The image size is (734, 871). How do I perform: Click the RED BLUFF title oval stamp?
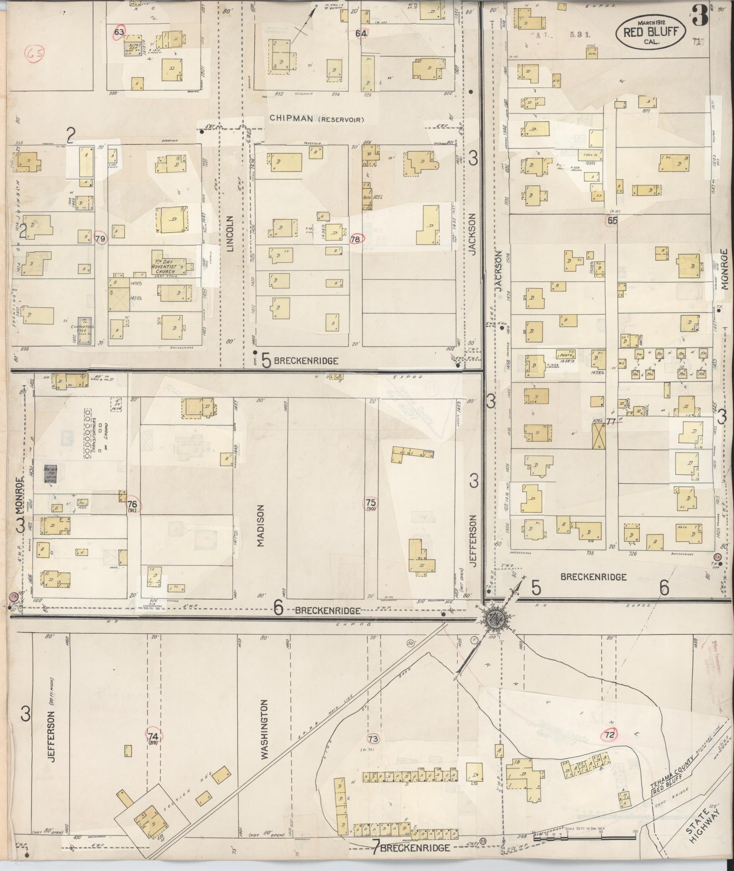pyautogui.click(x=650, y=32)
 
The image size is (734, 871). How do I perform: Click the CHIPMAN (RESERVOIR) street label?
pyautogui.click(x=317, y=119)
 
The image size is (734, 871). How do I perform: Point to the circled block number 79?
pyautogui.click(x=101, y=239)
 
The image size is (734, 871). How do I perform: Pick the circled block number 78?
pyautogui.click(x=356, y=239)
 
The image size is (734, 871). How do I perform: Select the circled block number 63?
pyautogui.click(x=120, y=32)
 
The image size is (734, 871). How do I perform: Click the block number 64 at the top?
pyautogui.click(x=361, y=33)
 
